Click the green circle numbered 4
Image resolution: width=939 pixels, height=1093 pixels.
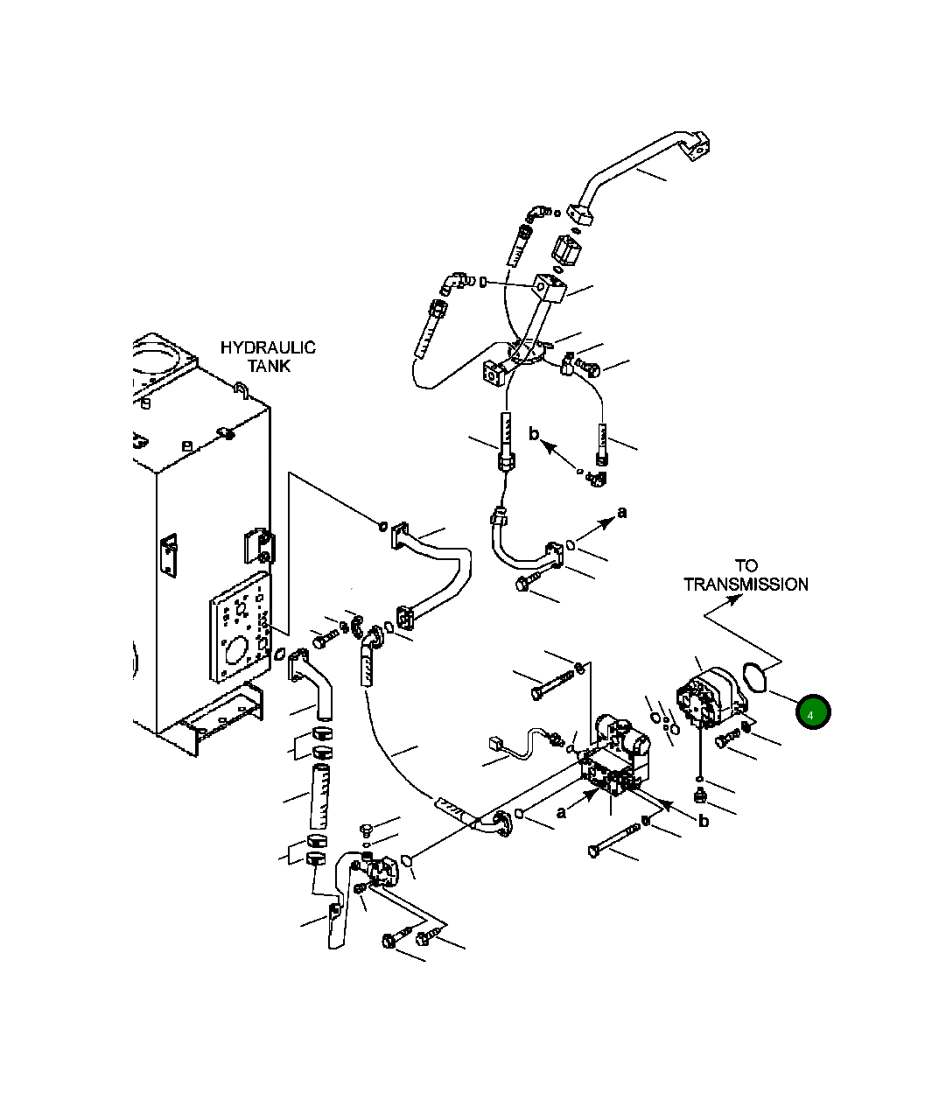click(x=811, y=713)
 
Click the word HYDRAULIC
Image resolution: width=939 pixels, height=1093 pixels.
click(x=267, y=347)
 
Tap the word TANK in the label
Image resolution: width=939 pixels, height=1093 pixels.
click(x=268, y=366)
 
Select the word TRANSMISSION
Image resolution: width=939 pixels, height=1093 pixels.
click(x=746, y=585)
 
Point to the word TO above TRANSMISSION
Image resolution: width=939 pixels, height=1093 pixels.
click(x=746, y=566)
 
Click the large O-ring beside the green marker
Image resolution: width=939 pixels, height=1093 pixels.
click(x=753, y=676)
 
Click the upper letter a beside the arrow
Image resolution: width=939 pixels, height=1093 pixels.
click(x=622, y=512)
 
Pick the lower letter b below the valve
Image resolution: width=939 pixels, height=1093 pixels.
click(x=703, y=820)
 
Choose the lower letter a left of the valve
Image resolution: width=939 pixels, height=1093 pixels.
click(x=561, y=812)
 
